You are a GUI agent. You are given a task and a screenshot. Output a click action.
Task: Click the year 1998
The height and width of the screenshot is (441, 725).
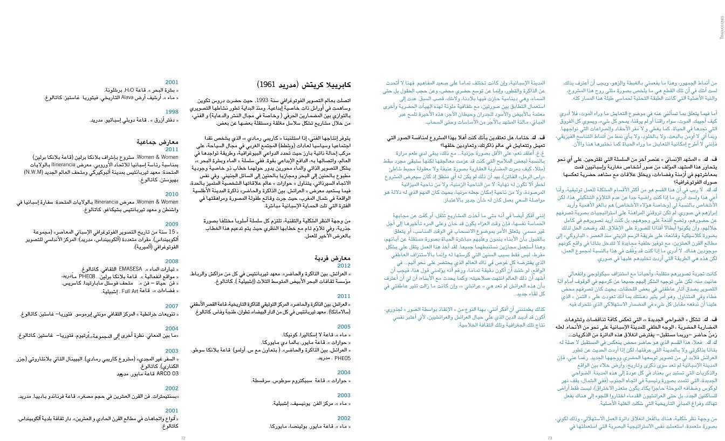pyautogui.click(x=172, y=112)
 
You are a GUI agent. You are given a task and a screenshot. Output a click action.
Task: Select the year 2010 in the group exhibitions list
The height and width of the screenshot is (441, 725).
pyautogui.click(x=172, y=194)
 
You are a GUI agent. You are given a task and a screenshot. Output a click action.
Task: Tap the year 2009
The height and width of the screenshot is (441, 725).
pyautogui.click(x=172, y=224)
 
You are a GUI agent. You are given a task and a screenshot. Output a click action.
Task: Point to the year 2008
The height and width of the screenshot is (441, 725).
pyautogui.click(x=172, y=261)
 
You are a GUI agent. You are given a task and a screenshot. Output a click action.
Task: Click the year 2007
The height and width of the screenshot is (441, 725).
pyautogui.click(x=172, y=306)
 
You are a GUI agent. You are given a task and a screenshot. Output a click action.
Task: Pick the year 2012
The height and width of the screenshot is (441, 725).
pyautogui.click(x=344, y=266)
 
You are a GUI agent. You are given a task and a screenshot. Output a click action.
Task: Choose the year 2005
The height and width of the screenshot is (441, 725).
pyautogui.click(x=344, y=327)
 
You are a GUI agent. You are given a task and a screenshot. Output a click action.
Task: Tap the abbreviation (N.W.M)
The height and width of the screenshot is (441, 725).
pyautogui.click(x=36, y=172)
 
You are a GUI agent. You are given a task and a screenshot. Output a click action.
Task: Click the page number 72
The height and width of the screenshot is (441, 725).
pyautogui.click(x=183, y=438)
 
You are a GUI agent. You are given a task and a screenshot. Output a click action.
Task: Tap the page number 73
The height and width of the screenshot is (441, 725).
pyautogui.click(x=550, y=438)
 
